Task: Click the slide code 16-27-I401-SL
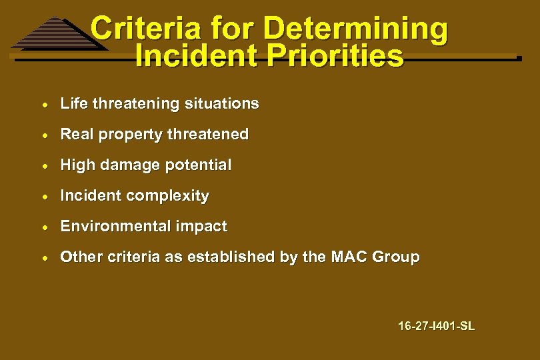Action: tap(436, 326)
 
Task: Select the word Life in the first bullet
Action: tap(74, 103)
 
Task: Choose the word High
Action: tap(77, 165)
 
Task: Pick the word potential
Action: tap(200, 165)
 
